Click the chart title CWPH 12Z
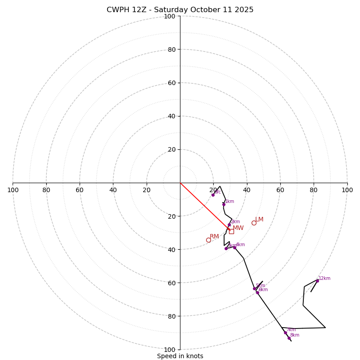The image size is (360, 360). tap(180, 10)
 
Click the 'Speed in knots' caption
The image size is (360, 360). tap(180, 356)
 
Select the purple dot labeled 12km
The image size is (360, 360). tap(317, 281)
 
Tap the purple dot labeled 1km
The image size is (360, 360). tap(224, 204)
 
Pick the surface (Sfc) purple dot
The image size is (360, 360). tap(213, 195)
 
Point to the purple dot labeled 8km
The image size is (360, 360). tap(289, 338)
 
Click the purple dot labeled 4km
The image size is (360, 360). tap(234, 247)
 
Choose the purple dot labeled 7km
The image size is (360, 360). tap(285, 333)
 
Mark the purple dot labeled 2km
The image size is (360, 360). tap(229, 225)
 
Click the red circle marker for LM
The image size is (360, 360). tap(254, 223)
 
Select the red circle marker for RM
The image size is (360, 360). tap(208, 240)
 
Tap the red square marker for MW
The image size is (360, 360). tap(231, 231)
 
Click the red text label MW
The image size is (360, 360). tap(238, 228)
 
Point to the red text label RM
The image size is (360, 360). tap(214, 237)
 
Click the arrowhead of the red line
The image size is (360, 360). tap(229, 229)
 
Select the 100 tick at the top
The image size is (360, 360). tap(170, 16)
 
